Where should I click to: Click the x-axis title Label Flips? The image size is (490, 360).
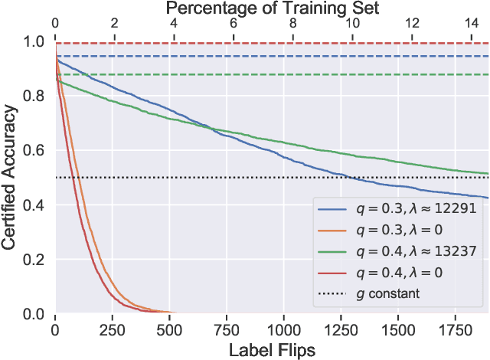click(271, 349)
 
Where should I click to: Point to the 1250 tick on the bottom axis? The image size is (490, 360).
click(341, 330)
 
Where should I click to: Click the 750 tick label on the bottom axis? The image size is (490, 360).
click(226, 330)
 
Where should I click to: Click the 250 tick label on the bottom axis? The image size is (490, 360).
click(112, 330)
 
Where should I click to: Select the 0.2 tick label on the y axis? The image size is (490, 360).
click(35, 260)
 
